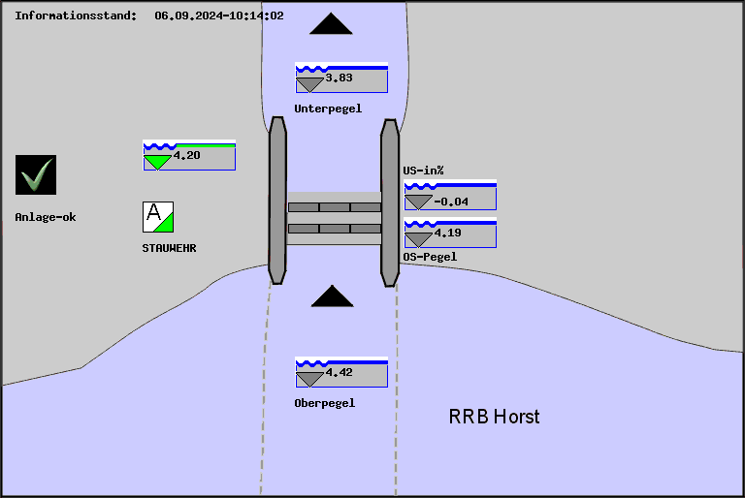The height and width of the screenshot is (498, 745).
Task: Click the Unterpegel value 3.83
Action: click(339, 78)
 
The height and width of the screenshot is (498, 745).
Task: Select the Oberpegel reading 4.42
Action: click(339, 372)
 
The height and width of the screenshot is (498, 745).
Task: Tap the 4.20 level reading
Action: click(186, 155)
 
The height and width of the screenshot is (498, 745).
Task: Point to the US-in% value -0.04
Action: click(450, 202)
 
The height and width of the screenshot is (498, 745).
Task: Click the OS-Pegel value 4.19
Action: click(448, 233)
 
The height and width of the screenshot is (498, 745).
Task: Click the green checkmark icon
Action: click(36, 175)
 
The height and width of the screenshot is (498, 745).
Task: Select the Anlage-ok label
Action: click(46, 217)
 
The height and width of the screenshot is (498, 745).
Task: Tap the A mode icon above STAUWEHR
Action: click(158, 216)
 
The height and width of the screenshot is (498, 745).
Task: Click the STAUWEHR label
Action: click(169, 248)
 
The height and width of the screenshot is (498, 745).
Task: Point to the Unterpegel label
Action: click(328, 109)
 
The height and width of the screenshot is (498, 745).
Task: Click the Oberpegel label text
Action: click(324, 403)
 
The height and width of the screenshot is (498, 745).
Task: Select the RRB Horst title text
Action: click(494, 417)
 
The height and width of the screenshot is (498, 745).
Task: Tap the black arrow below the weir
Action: click(332, 296)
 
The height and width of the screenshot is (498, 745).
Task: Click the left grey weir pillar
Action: click(277, 200)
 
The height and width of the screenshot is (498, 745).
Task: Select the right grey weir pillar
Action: click(390, 202)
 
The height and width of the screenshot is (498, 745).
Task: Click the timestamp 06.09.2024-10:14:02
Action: click(219, 16)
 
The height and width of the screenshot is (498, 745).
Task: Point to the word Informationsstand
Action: click(76, 16)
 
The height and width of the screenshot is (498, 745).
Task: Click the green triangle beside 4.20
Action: click(157, 162)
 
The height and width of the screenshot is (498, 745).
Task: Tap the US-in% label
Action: click(423, 171)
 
